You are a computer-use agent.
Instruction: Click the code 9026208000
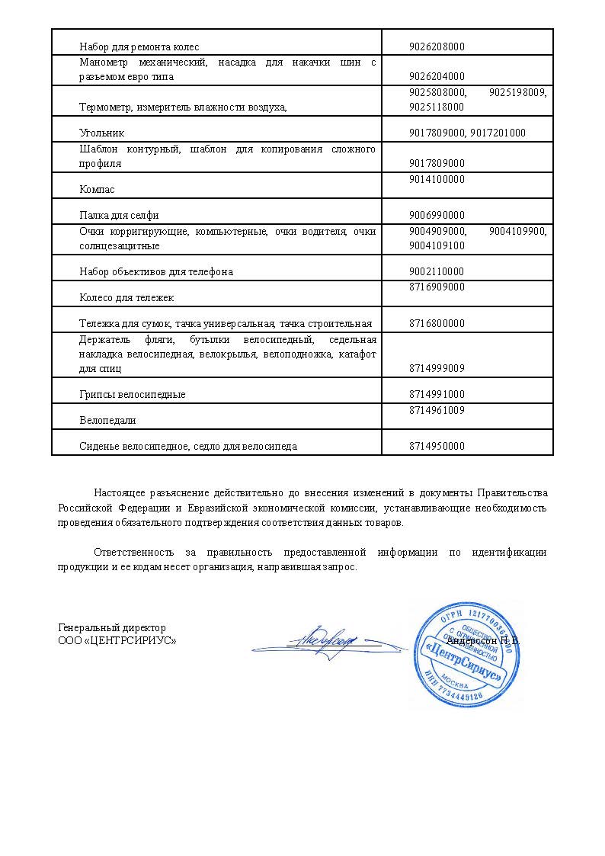click(x=437, y=46)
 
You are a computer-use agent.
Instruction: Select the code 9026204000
click(x=437, y=77)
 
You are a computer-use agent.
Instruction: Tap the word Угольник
click(x=101, y=133)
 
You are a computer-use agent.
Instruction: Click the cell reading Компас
click(x=98, y=189)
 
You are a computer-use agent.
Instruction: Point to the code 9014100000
click(x=437, y=179)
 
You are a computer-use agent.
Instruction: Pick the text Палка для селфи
click(x=119, y=215)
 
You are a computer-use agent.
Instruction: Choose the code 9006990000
click(x=437, y=215)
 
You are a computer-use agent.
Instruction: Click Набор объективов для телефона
click(x=156, y=271)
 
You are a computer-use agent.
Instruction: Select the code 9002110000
click(x=437, y=271)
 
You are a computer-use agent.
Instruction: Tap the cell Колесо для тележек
click(x=127, y=297)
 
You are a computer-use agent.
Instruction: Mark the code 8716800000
click(x=437, y=323)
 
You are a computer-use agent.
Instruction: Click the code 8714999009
click(x=437, y=368)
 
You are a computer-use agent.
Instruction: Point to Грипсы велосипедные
click(x=133, y=395)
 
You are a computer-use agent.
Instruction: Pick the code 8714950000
click(x=437, y=446)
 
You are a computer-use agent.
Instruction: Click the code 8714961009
click(x=437, y=410)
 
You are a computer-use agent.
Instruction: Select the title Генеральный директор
click(x=112, y=627)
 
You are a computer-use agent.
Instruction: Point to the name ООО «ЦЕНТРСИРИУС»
click(x=117, y=640)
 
